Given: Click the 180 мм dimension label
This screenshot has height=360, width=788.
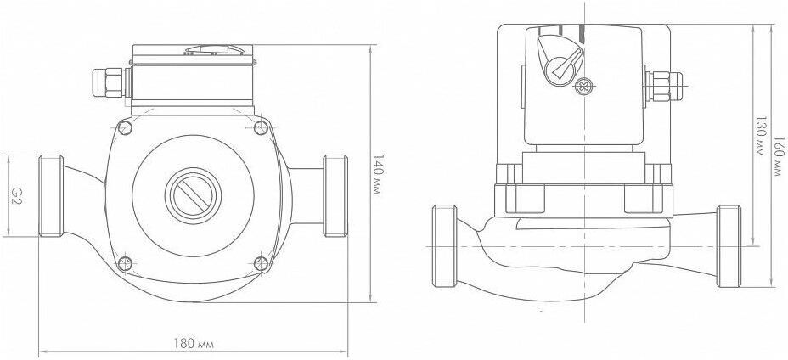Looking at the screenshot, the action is click(194, 344).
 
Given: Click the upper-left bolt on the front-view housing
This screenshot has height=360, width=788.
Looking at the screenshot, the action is click(125, 127).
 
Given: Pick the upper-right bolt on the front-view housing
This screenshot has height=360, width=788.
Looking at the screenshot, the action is click(261, 127).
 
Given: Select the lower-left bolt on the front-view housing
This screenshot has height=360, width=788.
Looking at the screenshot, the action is click(125, 263).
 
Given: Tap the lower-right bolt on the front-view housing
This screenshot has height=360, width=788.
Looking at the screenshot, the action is click(261, 263).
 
